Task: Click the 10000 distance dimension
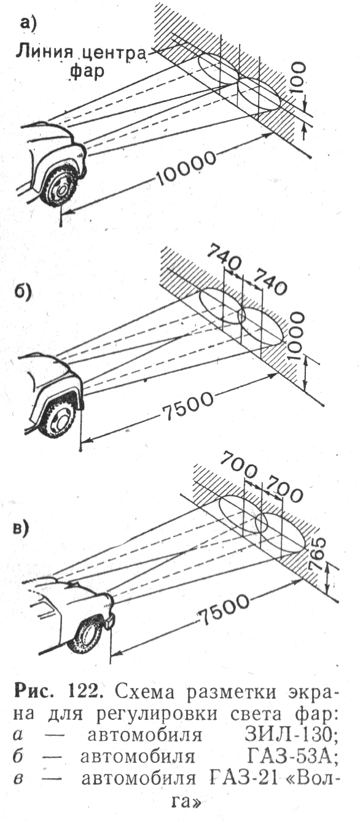[x=186, y=167]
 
